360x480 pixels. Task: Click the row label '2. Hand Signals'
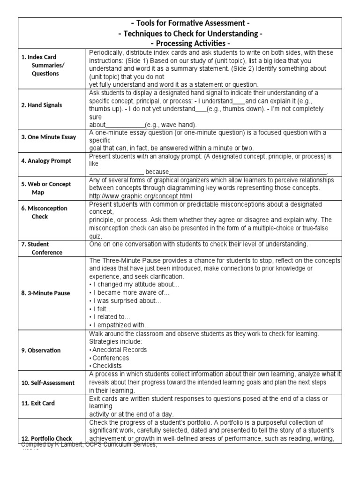pos(41,105)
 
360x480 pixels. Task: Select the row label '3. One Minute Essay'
pos(48,137)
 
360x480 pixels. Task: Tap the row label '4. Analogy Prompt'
pos(46,161)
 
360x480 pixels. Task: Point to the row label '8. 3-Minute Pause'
pos(45,293)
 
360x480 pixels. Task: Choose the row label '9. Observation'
pos(41,350)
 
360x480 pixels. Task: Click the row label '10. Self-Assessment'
pos(48,382)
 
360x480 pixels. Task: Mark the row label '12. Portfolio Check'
pos(46,439)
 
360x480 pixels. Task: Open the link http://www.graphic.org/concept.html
pos(140,195)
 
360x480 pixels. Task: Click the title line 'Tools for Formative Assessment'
pos(187,23)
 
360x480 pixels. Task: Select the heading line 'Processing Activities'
pos(187,44)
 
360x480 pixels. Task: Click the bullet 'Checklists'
pos(108,366)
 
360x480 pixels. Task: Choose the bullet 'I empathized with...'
pos(120,325)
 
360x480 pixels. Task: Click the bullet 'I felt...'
pos(101,309)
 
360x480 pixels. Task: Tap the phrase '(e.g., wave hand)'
pos(171,125)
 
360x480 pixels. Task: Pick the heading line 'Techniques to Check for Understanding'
pos(187,34)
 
